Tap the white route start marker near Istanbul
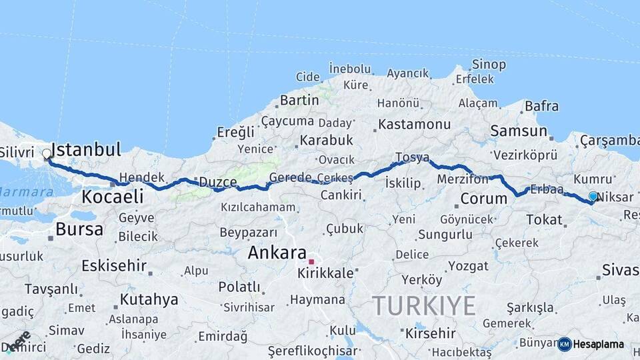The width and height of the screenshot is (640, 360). tap(47, 154)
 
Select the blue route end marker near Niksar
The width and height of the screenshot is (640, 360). tap(593, 196)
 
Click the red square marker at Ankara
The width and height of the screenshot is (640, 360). tap(311, 262)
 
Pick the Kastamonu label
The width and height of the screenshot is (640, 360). tap(414, 125)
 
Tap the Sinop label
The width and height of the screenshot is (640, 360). tap(489, 65)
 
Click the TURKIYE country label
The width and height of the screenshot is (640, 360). tap(423, 305)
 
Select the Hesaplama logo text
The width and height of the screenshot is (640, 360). tap(599, 344)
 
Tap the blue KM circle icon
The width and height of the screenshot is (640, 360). tap(565, 344)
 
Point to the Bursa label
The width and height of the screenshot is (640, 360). tap(79, 229)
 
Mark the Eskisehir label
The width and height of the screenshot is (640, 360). tap(114, 265)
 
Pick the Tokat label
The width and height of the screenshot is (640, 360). tap(545, 219)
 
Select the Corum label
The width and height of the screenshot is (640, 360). tap(484, 199)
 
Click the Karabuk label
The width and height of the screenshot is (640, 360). tap(325, 141)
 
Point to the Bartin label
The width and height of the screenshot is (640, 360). tap(299, 100)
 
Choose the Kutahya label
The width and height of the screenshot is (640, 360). tap(149, 299)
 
